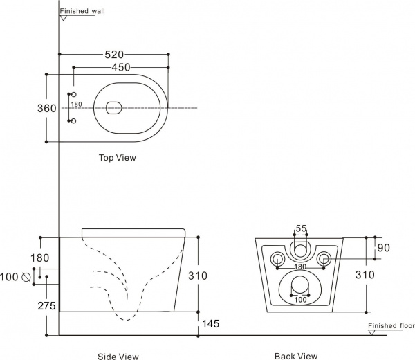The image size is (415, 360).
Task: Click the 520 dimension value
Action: (114, 55)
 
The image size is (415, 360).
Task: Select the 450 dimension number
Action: (121, 68)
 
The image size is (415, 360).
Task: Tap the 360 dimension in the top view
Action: (47, 108)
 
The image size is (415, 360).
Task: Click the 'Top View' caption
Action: (118, 158)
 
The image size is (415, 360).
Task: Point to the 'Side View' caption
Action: (118, 357)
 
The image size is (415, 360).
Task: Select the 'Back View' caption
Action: (296, 357)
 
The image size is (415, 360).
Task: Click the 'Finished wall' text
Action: (82, 11)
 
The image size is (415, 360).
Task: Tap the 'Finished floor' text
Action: (391, 325)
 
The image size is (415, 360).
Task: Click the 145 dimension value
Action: (211, 324)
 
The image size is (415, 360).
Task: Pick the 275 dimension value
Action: (46, 306)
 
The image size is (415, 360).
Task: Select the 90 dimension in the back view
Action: (383, 248)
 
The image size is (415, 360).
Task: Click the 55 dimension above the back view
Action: (301, 228)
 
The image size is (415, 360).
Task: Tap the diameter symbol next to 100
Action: (26, 277)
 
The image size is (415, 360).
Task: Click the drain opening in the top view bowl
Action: (114, 108)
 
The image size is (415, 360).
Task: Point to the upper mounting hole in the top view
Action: (74, 95)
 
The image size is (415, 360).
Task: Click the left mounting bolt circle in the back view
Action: (277, 258)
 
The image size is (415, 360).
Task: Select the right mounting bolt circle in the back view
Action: (324, 258)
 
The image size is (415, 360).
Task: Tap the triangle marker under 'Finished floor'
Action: (372, 332)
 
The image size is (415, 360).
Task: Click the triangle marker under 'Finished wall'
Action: (63, 18)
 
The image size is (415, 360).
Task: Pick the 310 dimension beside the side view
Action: (198, 276)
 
